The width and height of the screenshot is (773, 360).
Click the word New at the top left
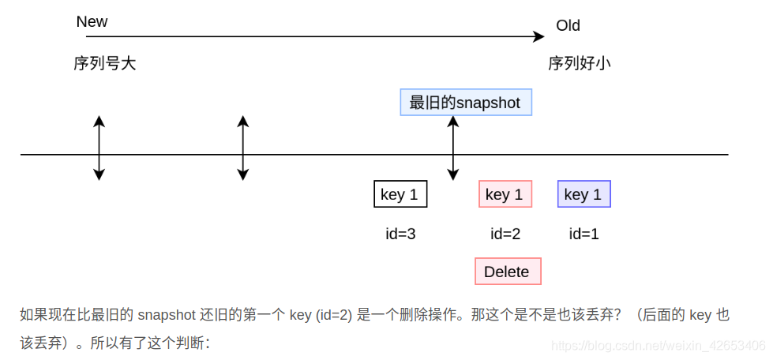tap(92, 22)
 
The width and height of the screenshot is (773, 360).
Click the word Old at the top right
tap(568, 25)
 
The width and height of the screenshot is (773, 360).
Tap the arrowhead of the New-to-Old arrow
tap(539, 36)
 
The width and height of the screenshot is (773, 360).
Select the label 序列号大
tap(105, 63)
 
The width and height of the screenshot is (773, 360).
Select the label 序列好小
tap(580, 63)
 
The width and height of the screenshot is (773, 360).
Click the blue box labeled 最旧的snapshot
tap(465, 103)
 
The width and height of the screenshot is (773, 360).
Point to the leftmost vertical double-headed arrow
tap(99, 148)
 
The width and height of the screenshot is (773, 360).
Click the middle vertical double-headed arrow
tap(243, 148)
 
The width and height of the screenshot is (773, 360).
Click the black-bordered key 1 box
tap(400, 194)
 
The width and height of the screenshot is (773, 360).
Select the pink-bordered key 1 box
tap(505, 194)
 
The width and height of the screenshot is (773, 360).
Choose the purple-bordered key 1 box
tap(584, 194)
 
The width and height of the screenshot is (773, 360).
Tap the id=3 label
tap(400, 234)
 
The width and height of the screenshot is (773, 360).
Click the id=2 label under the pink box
tap(505, 234)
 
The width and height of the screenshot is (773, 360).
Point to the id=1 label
tap(584, 234)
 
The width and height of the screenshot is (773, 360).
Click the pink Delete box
tap(507, 272)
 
